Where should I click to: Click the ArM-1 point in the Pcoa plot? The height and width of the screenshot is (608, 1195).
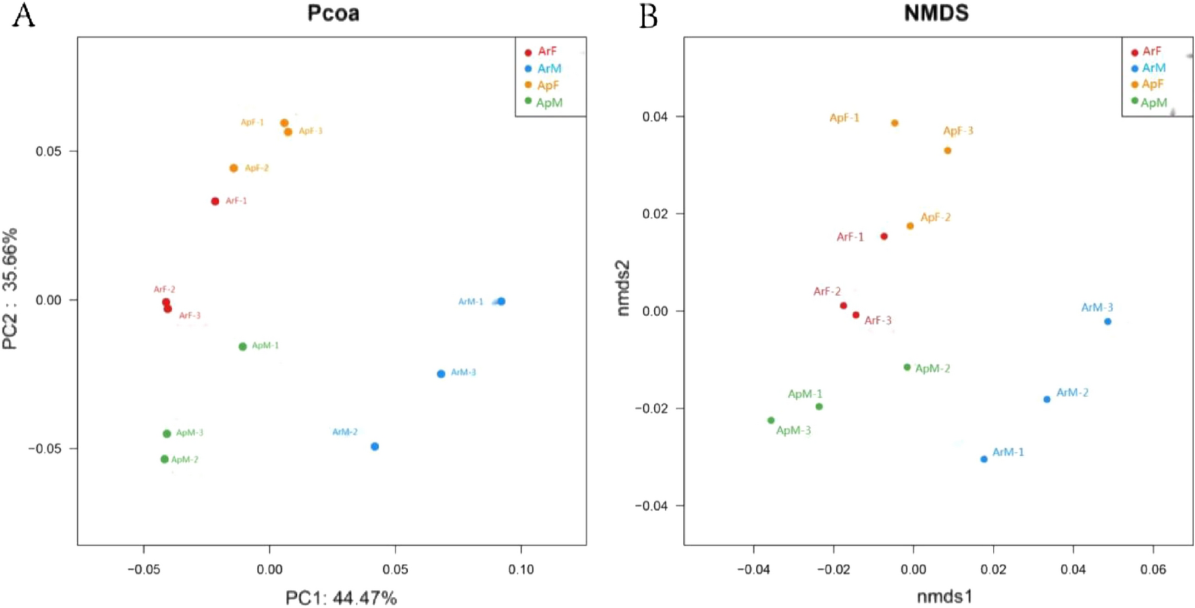click(501, 302)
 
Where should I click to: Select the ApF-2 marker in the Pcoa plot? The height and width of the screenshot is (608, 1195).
click(234, 168)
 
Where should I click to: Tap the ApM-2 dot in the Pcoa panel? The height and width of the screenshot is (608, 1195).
click(165, 460)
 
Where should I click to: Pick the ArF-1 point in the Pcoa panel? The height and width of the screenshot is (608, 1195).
click(215, 201)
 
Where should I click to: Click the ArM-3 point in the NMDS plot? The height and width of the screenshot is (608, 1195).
click(1108, 322)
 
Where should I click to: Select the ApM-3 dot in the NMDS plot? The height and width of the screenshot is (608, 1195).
click(771, 420)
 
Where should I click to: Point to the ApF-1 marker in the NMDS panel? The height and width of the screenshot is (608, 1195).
click(895, 123)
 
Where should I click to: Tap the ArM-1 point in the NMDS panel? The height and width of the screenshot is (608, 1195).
click(984, 460)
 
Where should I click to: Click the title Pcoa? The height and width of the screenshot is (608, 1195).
click(333, 13)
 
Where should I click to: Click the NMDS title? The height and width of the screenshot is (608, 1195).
click(936, 13)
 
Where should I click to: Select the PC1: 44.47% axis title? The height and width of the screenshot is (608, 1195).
click(341, 598)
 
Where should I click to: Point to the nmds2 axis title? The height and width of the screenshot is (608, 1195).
click(623, 288)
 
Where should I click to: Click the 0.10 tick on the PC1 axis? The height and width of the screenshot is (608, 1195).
click(521, 570)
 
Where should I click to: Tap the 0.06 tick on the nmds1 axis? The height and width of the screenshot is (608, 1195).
click(1153, 570)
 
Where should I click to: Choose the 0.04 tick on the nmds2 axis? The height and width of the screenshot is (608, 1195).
click(655, 117)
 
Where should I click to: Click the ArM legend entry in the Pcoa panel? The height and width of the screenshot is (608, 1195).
click(549, 69)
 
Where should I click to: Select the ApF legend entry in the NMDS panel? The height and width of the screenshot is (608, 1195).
click(1152, 84)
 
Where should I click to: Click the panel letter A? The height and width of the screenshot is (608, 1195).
click(24, 15)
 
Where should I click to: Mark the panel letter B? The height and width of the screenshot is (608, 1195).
click(648, 16)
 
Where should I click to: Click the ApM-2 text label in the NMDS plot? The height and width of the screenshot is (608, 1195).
click(932, 368)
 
